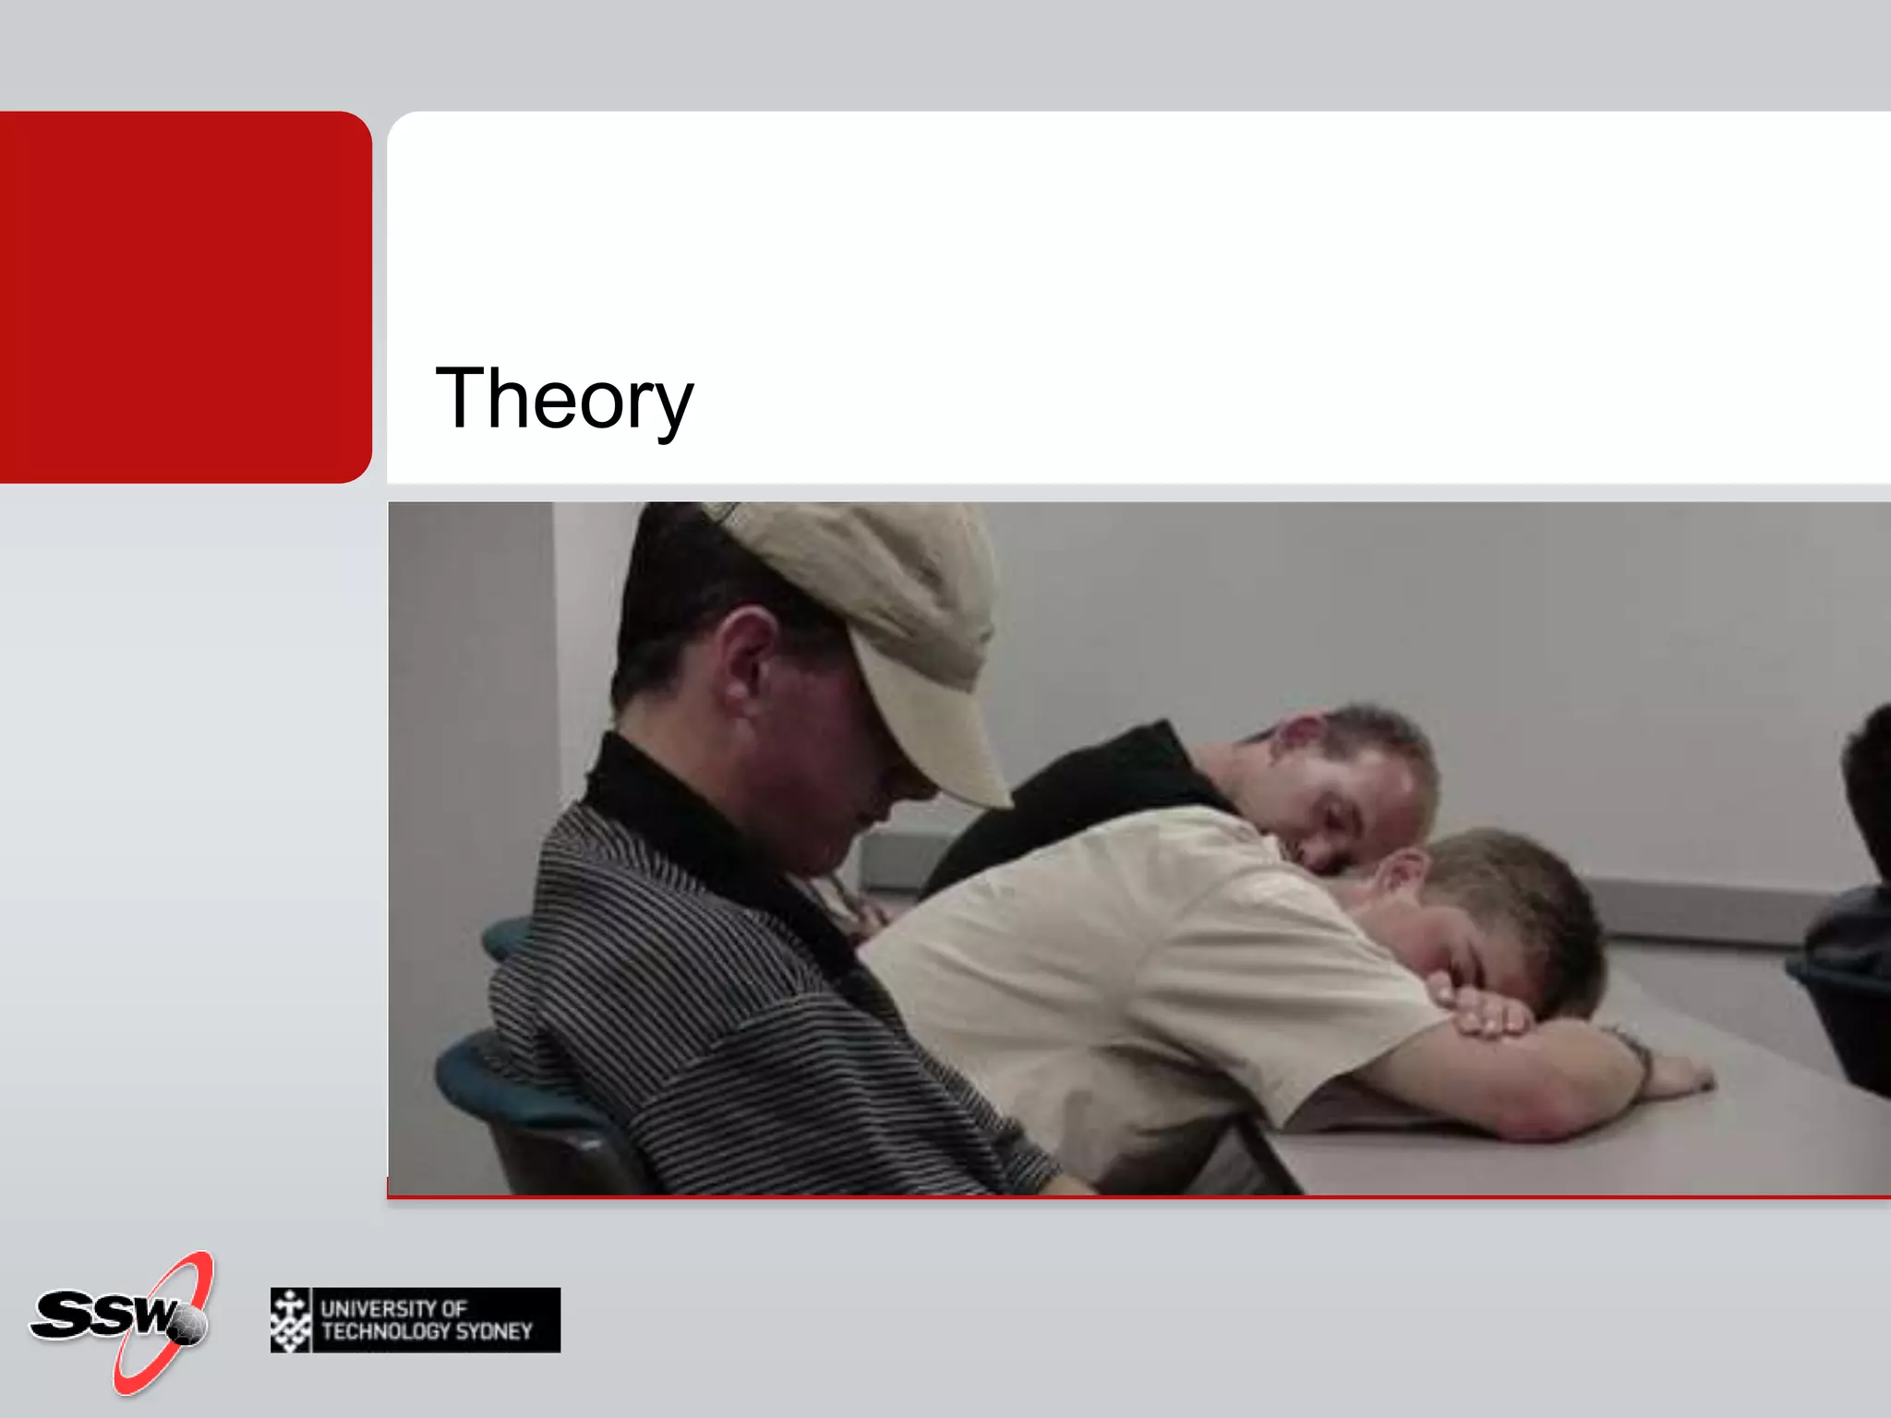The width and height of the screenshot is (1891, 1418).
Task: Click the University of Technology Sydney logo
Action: [416, 1320]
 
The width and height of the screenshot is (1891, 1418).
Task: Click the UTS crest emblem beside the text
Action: [291, 1320]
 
